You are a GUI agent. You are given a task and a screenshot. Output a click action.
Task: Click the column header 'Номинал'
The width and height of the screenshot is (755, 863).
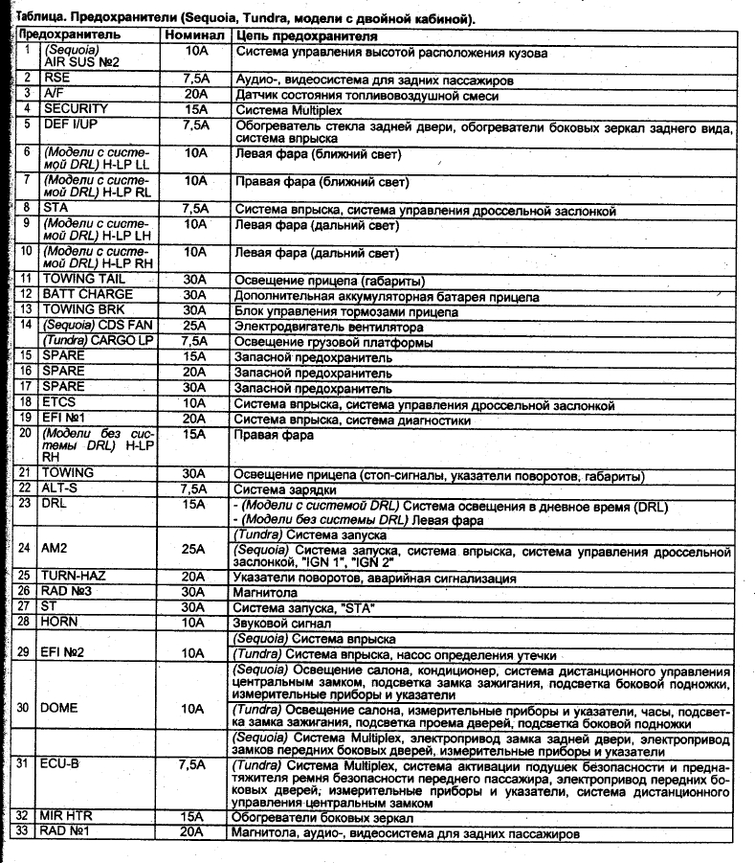(193, 34)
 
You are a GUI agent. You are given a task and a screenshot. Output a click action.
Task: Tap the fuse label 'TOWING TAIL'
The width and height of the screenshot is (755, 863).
(83, 279)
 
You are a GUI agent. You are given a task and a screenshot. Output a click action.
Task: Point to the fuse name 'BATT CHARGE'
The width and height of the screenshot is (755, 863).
(87, 294)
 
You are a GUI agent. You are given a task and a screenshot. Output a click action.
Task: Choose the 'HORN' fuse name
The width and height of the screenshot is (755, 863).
(61, 623)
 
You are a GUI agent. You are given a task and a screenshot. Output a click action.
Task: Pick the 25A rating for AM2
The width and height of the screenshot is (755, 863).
(194, 550)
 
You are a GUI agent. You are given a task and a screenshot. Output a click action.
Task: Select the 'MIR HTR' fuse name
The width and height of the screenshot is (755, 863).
(70, 817)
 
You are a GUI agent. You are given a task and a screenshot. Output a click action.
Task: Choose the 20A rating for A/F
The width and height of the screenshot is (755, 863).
(194, 94)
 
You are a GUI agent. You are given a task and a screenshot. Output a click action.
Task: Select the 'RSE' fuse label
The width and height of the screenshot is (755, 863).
(56, 79)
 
